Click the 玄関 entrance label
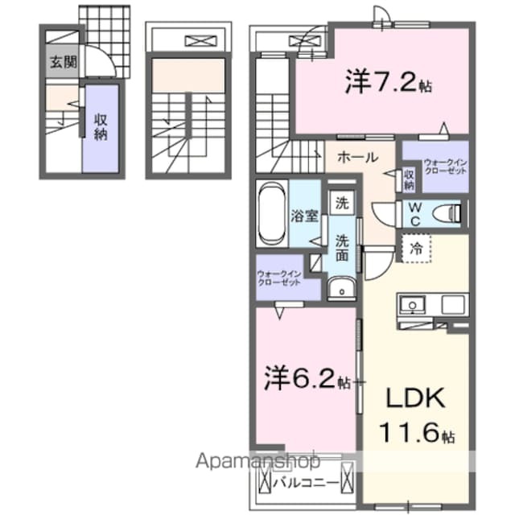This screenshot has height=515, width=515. [60, 61]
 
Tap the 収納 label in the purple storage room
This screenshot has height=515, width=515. [101, 126]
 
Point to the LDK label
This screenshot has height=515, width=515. [415, 401]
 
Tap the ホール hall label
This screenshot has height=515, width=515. [353, 156]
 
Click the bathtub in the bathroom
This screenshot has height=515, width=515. [272, 213]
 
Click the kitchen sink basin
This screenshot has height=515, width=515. [414, 305]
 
